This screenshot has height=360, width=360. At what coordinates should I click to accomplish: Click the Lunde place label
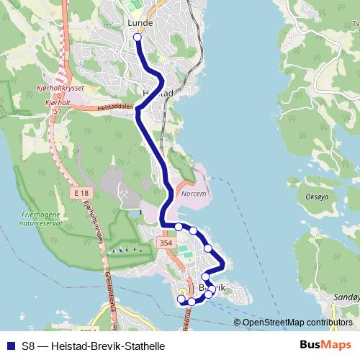tap(140, 23)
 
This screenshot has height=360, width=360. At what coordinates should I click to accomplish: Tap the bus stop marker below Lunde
tap(138, 37)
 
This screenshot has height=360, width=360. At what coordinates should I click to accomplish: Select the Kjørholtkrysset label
tap(60, 88)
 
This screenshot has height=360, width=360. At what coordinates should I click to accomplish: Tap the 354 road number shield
tap(166, 245)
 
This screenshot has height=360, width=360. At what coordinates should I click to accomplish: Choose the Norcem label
tap(194, 194)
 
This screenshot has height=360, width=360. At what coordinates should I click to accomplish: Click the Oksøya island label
tap(317, 196)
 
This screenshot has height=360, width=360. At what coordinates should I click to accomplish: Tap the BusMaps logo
tap(325, 345)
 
